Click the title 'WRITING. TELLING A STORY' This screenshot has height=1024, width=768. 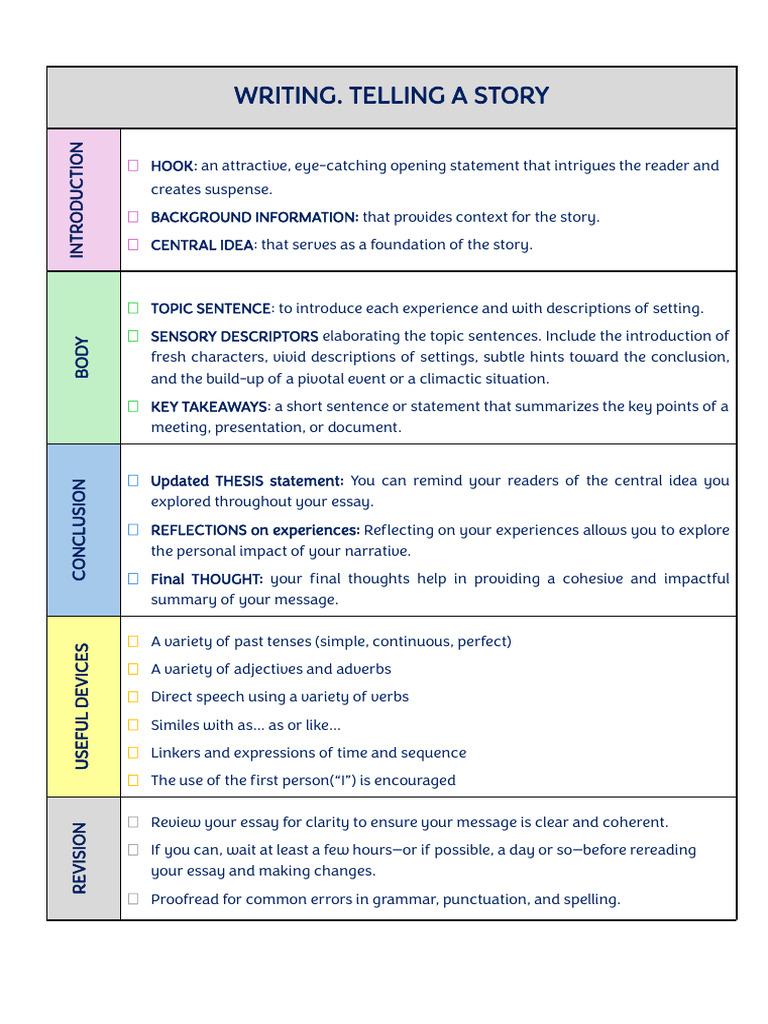click(x=391, y=96)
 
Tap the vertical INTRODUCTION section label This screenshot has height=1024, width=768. click(x=77, y=200)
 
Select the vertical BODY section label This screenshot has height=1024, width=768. click(x=82, y=357)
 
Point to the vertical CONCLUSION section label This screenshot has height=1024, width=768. click(x=79, y=529)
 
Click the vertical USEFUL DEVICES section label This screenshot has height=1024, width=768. click(x=82, y=706)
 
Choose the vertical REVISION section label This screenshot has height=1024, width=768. click(x=80, y=858)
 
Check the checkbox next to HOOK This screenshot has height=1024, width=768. click(x=133, y=166)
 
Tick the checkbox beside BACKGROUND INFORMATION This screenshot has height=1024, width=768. click(x=133, y=217)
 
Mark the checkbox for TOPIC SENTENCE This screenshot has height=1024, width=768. click(x=133, y=308)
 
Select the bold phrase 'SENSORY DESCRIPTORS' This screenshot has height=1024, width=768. click(x=234, y=336)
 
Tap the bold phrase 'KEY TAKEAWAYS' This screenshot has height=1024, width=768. click(x=209, y=406)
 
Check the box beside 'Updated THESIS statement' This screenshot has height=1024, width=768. click(x=133, y=481)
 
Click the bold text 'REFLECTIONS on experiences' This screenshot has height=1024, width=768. click(x=255, y=530)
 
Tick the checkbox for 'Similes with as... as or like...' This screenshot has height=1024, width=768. click(x=133, y=725)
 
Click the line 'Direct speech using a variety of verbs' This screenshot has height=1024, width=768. click(x=280, y=697)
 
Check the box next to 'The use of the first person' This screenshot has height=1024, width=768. click(x=133, y=780)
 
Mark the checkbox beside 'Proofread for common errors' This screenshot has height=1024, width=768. click(x=133, y=899)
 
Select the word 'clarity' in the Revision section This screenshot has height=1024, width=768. click(x=321, y=823)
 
